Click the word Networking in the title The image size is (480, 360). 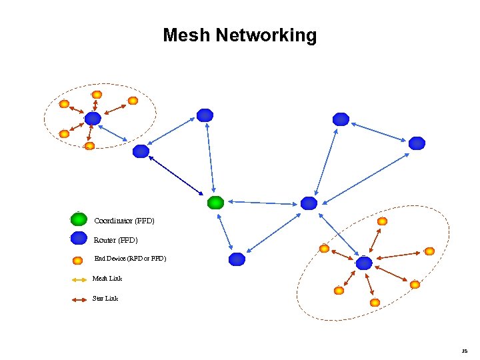(x=266, y=35)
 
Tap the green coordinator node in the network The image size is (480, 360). (x=215, y=202)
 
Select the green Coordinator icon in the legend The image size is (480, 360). (x=79, y=219)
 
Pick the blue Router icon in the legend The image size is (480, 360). (x=79, y=238)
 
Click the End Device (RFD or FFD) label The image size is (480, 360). (x=130, y=259)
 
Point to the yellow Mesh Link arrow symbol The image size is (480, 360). (x=79, y=279)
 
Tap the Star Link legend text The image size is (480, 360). (x=105, y=299)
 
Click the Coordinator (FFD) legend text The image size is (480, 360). (x=124, y=220)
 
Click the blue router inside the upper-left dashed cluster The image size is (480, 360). (x=93, y=119)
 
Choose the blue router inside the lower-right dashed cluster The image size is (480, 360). (x=363, y=263)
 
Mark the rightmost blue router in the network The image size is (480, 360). (x=417, y=143)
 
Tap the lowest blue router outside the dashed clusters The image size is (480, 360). (x=237, y=259)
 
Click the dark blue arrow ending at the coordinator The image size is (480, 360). (x=177, y=176)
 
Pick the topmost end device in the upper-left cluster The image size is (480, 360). (x=97, y=95)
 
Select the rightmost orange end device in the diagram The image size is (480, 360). (x=429, y=251)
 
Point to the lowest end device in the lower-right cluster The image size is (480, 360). (x=375, y=303)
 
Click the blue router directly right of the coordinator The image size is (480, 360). (x=308, y=203)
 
